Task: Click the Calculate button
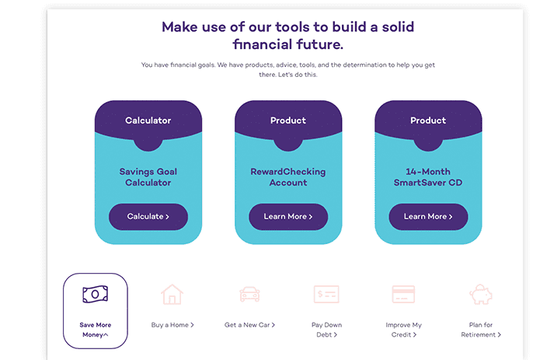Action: [x=148, y=217]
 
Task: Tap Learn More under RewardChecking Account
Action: [x=288, y=217]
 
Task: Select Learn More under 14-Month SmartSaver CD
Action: [x=428, y=217]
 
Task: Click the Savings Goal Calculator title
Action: [x=148, y=177]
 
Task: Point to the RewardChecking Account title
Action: [x=288, y=177]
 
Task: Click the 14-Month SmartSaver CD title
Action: [x=428, y=177]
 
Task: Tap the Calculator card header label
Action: [x=148, y=121]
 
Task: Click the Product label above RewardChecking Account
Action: [x=288, y=121]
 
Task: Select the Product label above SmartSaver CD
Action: [x=428, y=121]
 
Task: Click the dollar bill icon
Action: [x=95, y=294]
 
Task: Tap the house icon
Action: [x=172, y=295]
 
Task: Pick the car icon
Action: [x=250, y=295]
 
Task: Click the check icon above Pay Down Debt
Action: [x=326, y=295]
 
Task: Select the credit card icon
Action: [x=403, y=295]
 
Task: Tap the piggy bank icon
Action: [x=481, y=295]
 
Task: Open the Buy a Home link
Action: [x=172, y=325]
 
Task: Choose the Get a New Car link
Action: [x=249, y=325]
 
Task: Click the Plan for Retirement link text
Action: [x=481, y=330]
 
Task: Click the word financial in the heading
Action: [x=263, y=44]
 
